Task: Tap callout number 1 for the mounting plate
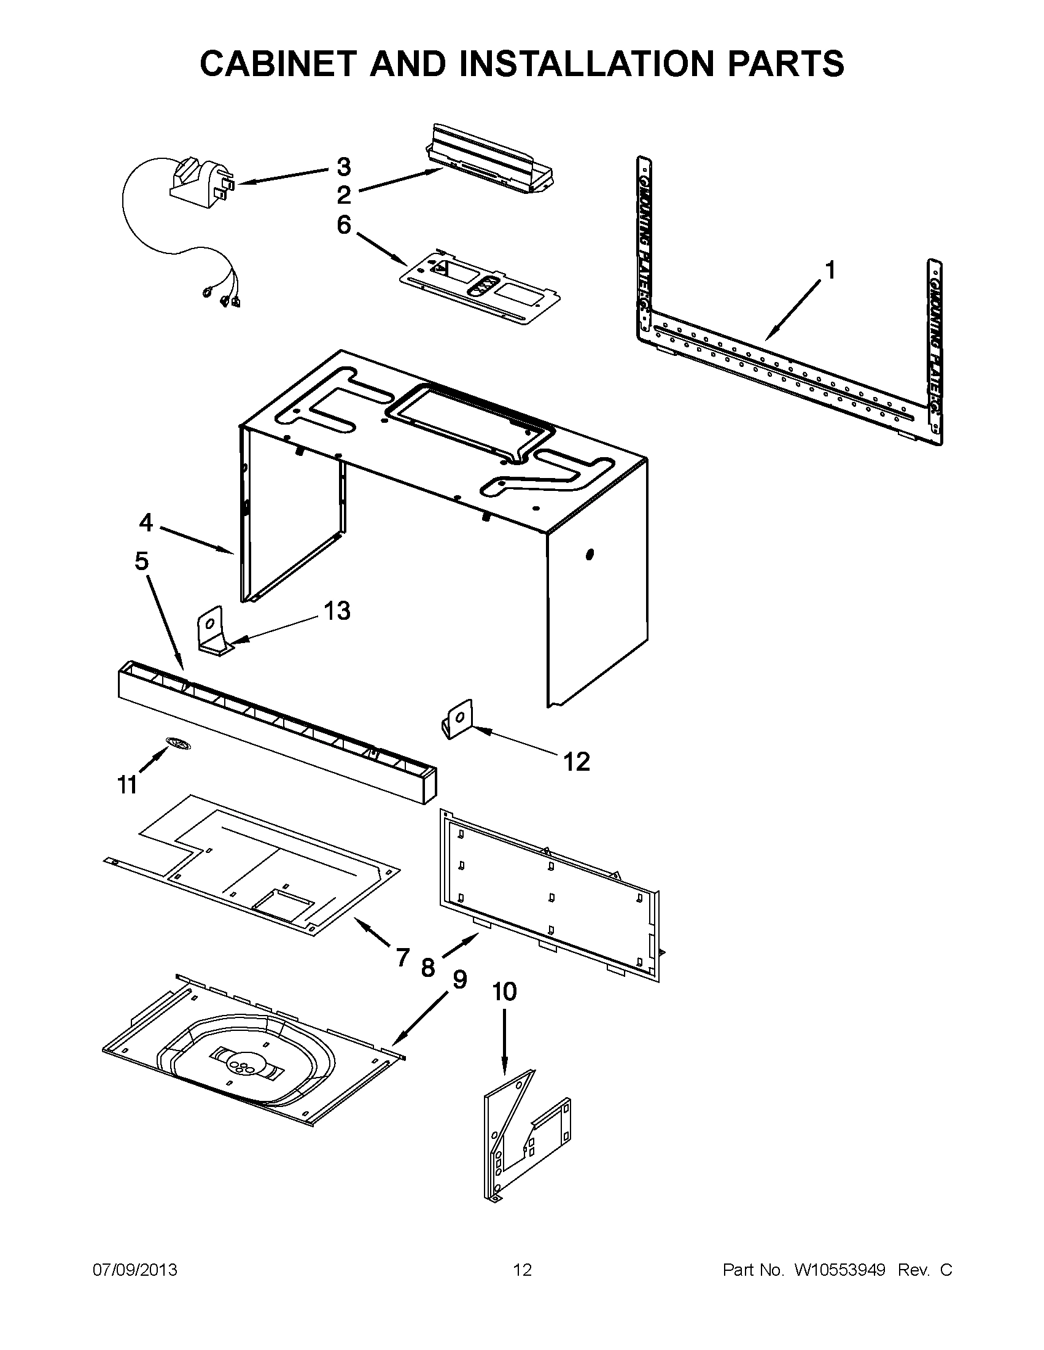pyautogui.click(x=830, y=270)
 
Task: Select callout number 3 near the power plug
pyautogui.click(x=344, y=167)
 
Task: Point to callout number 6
pyautogui.click(x=344, y=225)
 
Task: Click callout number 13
pyautogui.click(x=337, y=611)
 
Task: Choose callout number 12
pyautogui.click(x=577, y=762)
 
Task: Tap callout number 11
pyautogui.click(x=127, y=785)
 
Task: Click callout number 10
pyautogui.click(x=504, y=992)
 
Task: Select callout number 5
pyautogui.click(x=142, y=561)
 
